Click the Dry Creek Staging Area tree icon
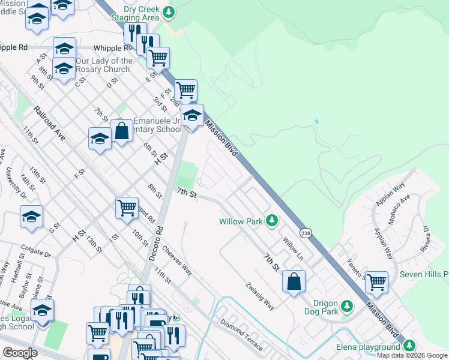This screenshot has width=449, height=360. tap(170, 12)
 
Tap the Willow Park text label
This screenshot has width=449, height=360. tap(241, 221)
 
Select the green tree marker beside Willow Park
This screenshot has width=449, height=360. tap(272, 221)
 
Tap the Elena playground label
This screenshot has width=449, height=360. tap(367, 347)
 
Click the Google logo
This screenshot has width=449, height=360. tap(20, 353)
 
